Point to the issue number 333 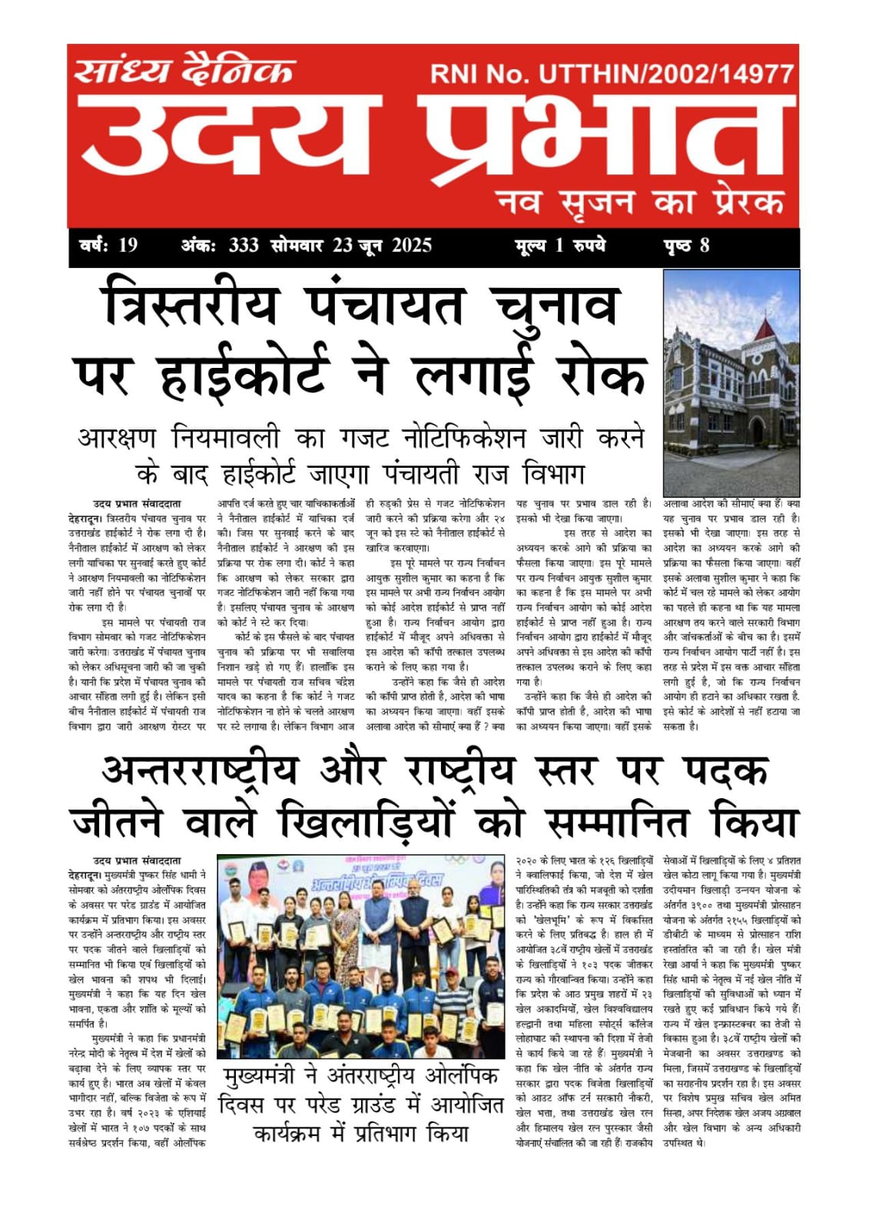tap(243, 246)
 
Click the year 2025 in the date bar tap(412, 246)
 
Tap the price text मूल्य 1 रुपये tap(560, 246)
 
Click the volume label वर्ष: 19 tap(108, 246)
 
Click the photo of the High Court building tap(731, 383)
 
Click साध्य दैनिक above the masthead tap(184, 71)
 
